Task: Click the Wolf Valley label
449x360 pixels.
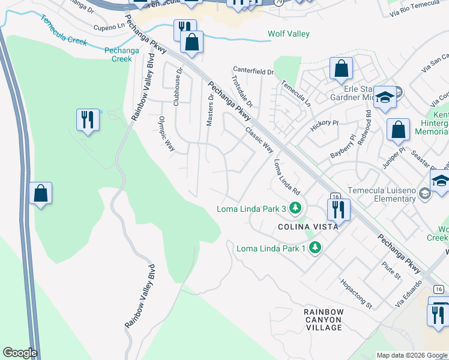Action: click(x=289, y=34)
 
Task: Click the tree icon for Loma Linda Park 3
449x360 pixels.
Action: click(x=295, y=209)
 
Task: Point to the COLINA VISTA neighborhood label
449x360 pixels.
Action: click(x=308, y=227)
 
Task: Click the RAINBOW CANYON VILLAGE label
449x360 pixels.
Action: click(x=324, y=320)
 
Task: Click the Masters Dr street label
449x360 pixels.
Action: click(x=210, y=109)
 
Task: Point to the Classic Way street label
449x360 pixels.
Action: click(x=259, y=139)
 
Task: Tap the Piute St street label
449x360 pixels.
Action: click(x=391, y=270)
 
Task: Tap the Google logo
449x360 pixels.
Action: click(x=20, y=353)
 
